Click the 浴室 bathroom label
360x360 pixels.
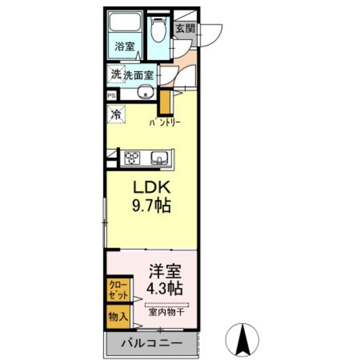(x=125, y=46)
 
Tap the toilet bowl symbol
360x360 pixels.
(x=157, y=29)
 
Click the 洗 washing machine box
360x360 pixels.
(x=115, y=74)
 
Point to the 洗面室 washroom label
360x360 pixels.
(x=138, y=75)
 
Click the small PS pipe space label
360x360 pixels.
(x=112, y=95)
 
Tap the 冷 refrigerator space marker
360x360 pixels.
(x=116, y=116)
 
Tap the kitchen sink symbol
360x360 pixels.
(x=159, y=157)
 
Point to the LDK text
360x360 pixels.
(x=152, y=188)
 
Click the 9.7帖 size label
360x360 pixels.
(x=152, y=208)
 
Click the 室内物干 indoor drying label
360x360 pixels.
(x=166, y=314)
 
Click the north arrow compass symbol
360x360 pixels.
(x=245, y=336)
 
